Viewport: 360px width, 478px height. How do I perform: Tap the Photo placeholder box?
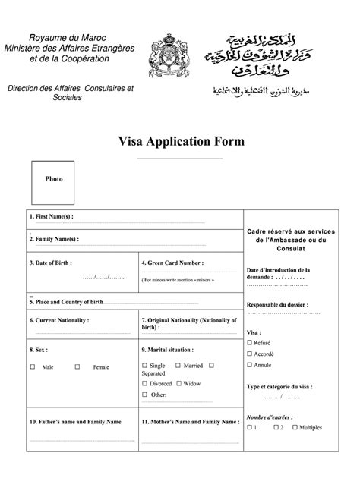54,180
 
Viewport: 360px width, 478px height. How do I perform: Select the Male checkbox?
33,367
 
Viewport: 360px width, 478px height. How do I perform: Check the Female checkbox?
77,367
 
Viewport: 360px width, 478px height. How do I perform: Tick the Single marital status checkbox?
144,366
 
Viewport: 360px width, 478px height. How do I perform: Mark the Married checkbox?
178,366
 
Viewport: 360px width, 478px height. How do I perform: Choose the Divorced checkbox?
144,384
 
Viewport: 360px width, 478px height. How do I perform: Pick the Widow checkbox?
178,384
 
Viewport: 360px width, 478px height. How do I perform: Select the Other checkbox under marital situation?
144,395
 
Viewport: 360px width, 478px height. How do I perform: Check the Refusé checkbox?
248,343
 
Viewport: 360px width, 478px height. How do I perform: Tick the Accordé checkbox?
248,354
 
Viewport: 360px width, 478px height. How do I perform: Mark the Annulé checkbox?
248,365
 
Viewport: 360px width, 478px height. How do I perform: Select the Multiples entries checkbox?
294,428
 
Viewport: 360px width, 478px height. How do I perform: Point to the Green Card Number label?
172,263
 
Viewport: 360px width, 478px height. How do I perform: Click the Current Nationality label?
59,321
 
